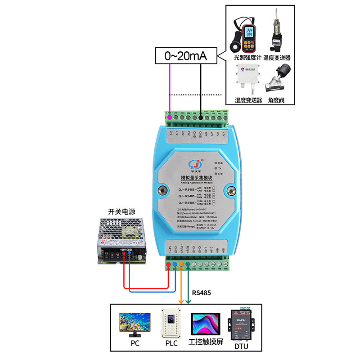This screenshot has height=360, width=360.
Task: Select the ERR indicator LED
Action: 216,173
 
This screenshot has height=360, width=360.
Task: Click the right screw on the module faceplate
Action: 232,191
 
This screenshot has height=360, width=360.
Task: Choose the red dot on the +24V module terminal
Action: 168,264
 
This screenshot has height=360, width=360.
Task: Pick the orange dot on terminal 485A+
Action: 181,264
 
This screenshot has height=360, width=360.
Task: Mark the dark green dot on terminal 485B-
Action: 188,264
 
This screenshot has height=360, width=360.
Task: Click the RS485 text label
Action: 202,293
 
